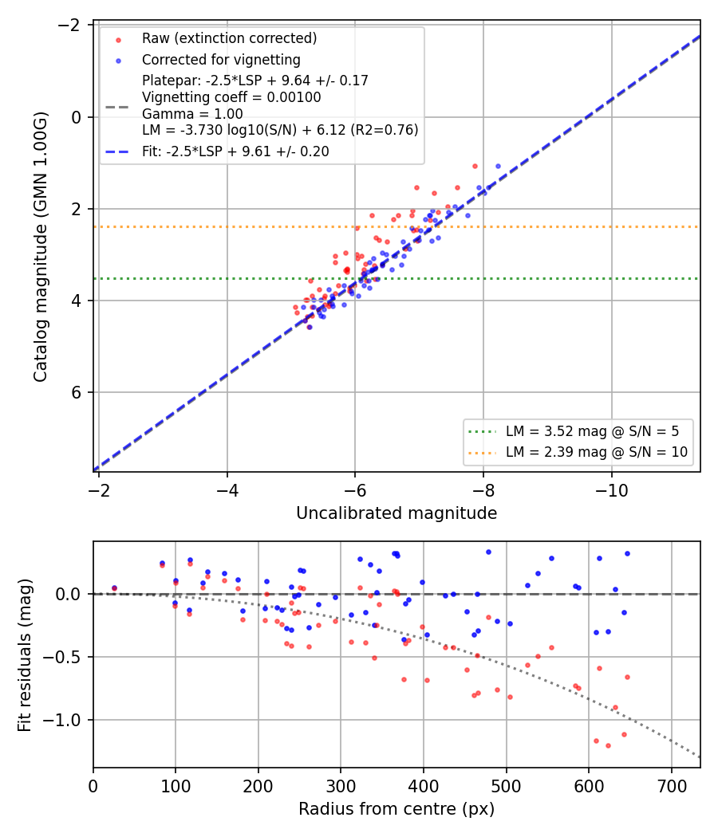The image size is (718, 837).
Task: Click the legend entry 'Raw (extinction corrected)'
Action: (229, 38)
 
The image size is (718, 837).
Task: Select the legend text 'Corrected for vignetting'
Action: (221, 60)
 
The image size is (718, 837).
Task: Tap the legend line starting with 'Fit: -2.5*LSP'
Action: (235, 151)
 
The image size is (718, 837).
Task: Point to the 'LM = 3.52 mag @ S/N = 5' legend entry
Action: (592, 430)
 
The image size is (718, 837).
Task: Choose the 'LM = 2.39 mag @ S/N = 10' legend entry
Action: (597, 452)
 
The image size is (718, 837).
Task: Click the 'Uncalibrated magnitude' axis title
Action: (396, 513)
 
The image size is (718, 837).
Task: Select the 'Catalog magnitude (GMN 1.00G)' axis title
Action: (41, 246)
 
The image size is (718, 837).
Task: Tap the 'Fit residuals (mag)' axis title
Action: (25, 655)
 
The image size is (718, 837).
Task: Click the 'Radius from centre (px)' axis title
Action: (396, 809)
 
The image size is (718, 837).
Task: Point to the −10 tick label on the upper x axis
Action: (612, 490)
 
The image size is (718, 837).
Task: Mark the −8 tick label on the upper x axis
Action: (483, 490)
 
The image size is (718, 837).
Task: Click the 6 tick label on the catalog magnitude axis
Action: (77, 392)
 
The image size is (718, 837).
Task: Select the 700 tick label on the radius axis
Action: (671, 786)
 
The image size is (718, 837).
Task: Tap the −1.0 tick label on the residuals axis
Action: (62, 720)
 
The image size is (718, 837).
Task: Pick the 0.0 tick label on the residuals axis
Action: (69, 594)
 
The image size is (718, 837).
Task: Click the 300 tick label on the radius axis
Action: (341, 786)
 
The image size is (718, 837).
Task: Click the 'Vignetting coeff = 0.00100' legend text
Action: (232, 97)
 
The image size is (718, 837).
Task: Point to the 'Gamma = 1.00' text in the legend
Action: (192, 114)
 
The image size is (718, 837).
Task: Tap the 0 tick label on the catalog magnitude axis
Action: (77, 117)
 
